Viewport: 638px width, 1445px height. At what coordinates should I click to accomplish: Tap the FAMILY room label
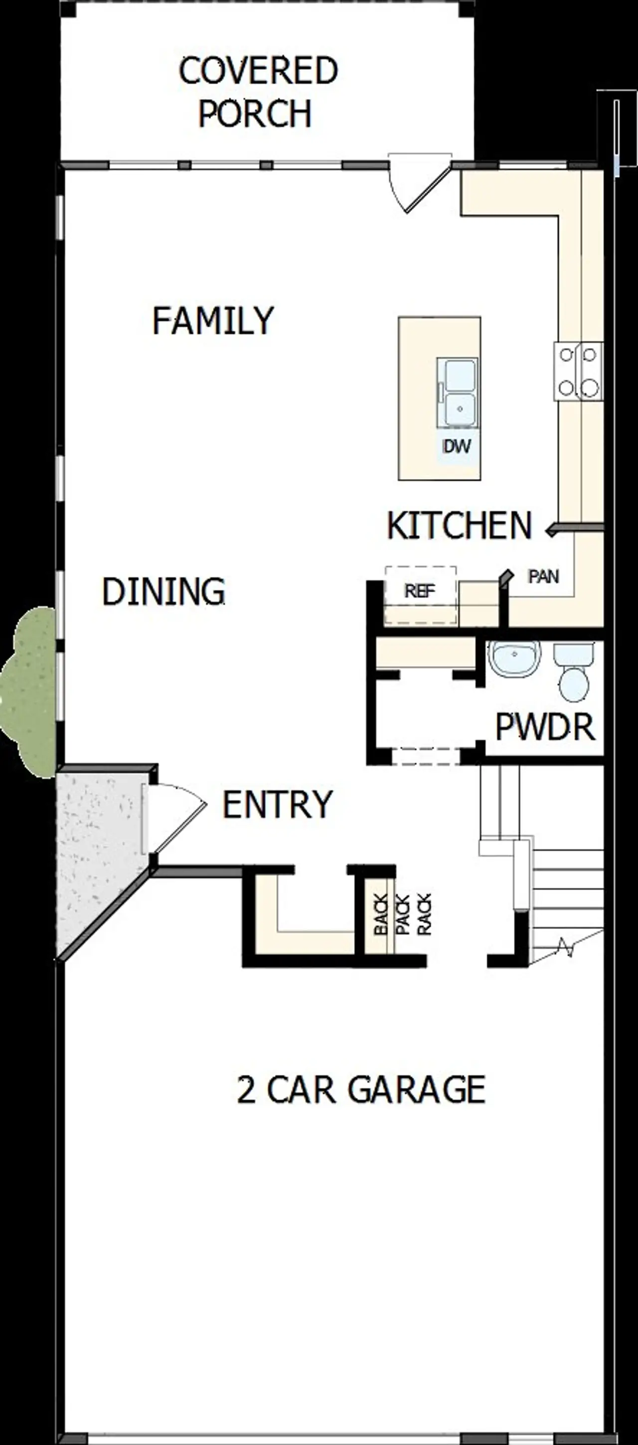[x=213, y=321]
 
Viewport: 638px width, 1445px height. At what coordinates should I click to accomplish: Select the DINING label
[x=163, y=591]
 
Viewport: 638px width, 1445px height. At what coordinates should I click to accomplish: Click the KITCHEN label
[x=459, y=525]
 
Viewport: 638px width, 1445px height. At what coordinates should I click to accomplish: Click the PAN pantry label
[x=543, y=576]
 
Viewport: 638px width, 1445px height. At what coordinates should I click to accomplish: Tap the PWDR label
[x=544, y=727]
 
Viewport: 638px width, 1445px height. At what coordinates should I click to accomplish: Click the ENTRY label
[x=277, y=804]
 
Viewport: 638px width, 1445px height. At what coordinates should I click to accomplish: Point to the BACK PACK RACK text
[x=402, y=915]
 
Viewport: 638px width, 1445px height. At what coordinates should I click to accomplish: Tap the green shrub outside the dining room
[x=28, y=690]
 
